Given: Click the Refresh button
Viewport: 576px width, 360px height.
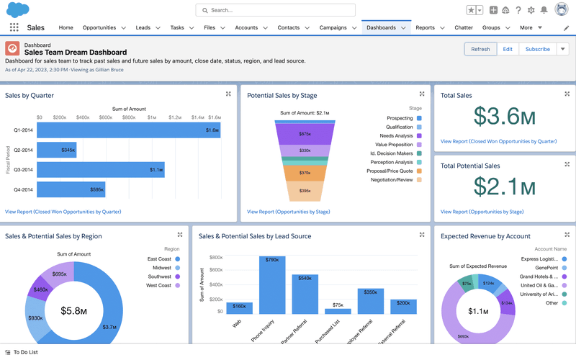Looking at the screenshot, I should [x=480, y=49].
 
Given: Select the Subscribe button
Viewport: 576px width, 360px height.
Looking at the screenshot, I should [x=537, y=49].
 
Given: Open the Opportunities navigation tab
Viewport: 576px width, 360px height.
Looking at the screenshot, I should [x=99, y=27].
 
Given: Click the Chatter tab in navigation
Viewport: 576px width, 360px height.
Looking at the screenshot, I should [x=464, y=27].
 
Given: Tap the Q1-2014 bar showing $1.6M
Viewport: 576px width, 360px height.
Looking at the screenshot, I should [x=128, y=130].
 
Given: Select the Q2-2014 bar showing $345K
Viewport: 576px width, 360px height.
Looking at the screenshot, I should [x=56, y=150].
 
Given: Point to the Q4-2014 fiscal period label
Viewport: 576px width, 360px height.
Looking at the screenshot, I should [x=23, y=190].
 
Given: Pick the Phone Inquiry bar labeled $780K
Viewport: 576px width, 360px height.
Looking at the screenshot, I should [x=272, y=285].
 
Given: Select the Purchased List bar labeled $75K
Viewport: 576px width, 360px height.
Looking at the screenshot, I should [x=338, y=310].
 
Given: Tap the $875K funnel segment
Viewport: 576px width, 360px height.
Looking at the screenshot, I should [x=305, y=134].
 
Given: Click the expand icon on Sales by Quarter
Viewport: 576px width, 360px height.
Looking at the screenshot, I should [x=228, y=94].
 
